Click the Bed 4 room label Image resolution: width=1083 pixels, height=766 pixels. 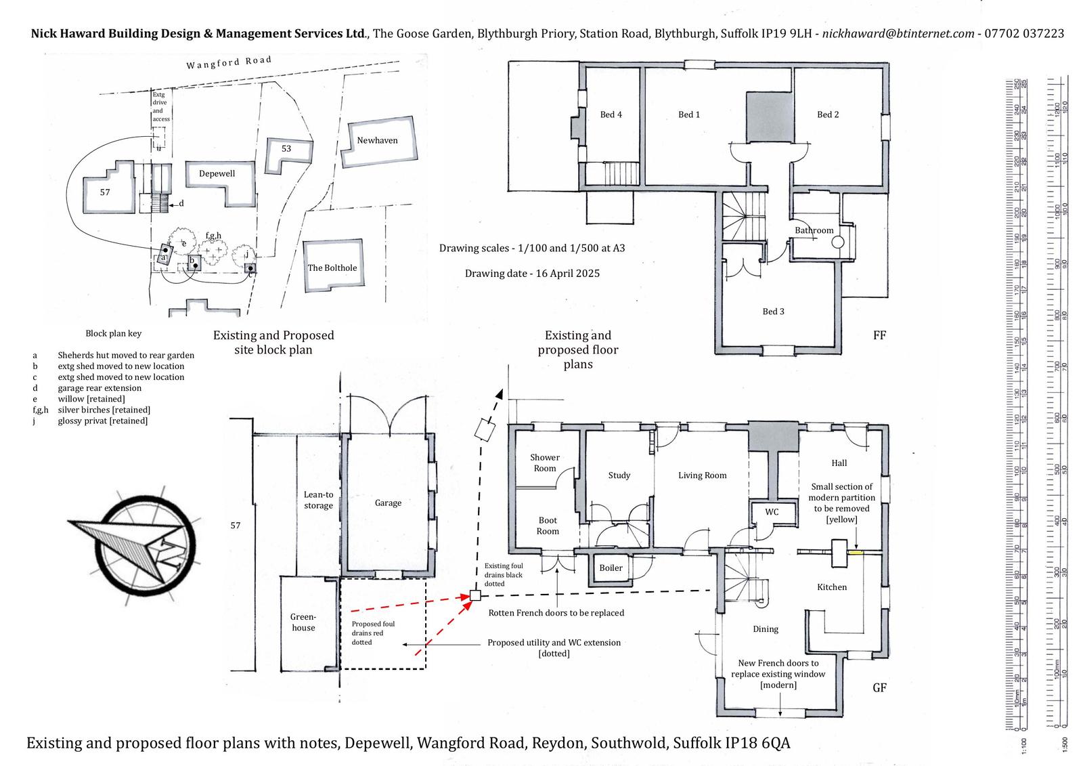coord(611,114)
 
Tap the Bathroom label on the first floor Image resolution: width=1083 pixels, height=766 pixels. coord(814,230)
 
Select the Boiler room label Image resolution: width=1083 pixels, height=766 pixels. coord(611,568)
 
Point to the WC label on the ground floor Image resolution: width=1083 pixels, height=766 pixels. coord(772,512)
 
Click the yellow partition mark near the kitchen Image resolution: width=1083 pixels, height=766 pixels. coord(856,553)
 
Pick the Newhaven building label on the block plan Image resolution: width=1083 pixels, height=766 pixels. coord(377,140)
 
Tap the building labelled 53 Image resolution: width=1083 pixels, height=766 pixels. coord(286,148)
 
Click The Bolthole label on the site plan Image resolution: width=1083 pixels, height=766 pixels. coord(332,268)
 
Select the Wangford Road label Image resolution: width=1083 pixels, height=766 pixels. coord(229,62)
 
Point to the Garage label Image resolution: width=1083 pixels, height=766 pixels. coord(388,503)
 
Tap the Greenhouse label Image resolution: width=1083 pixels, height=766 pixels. coord(303,622)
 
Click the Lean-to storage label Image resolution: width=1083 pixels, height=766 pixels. coord(318,500)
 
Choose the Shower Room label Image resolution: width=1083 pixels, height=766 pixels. coord(544,463)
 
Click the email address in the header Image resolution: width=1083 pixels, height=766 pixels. coord(898,33)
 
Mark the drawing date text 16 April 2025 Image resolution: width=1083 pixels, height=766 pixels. coord(532,274)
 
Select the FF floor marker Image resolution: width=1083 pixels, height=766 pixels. coord(879,335)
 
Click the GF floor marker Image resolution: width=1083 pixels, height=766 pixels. coord(879,687)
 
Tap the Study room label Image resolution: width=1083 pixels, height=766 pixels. coord(619,475)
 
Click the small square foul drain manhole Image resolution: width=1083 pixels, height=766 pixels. coord(475,595)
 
